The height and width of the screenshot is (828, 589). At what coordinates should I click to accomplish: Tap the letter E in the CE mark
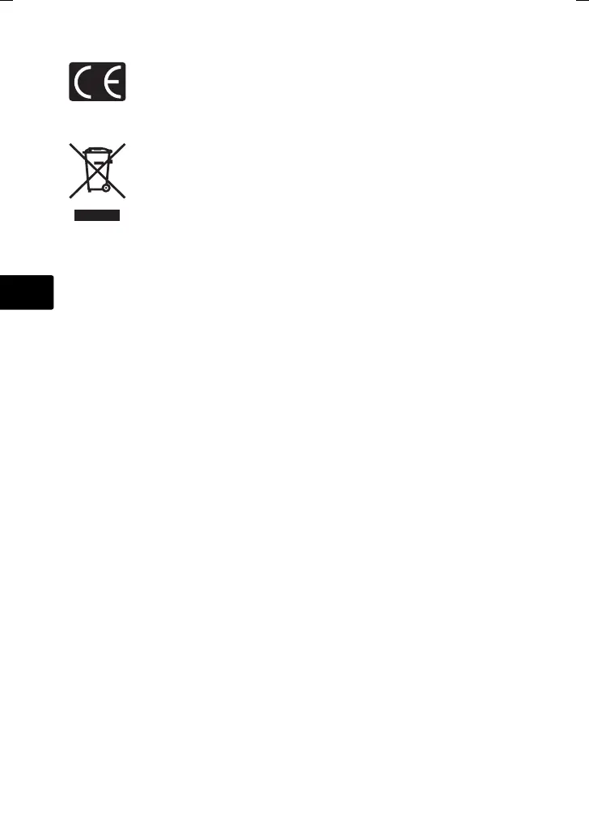click(x=111, y=82)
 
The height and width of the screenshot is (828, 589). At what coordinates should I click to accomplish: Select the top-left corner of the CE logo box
click(x=70, y=63)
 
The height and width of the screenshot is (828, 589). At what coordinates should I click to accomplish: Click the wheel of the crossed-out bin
click(x=105, y=188)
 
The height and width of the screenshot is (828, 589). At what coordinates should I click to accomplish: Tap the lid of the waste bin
click(x=97, y=151)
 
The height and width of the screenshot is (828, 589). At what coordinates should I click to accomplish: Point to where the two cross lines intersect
click(x=97, y=171)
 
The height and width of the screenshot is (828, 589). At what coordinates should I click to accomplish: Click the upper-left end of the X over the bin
click(x=69, y=144)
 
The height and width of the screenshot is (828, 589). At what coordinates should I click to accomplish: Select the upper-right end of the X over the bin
click(x=125, y=144)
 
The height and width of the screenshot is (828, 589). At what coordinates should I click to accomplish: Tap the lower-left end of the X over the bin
click(x=69, y=197)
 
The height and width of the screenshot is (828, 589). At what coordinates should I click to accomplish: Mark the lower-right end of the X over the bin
click(x=125, y=197)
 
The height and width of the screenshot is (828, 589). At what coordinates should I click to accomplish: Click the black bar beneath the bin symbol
click(x=97, y=215)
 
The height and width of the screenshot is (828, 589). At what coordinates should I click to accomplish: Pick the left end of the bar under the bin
click(x=75, y=215)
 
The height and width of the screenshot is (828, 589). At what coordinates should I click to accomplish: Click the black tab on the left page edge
click(x=26, y=292)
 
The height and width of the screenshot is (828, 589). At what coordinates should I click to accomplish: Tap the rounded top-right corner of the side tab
click(x=52, y=277)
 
